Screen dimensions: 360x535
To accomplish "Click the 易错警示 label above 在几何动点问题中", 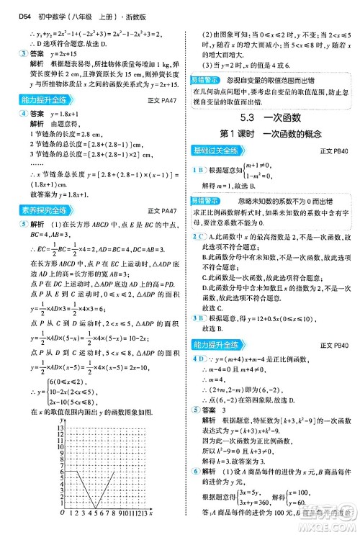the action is point(207,78).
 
